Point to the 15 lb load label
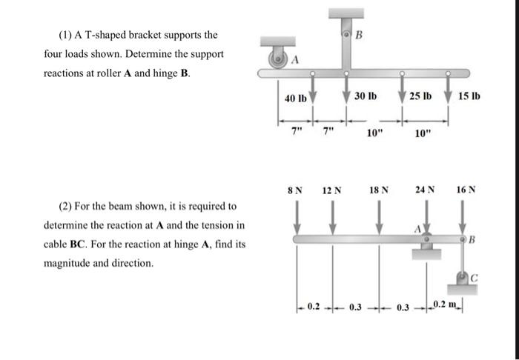[469, 98]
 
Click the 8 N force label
[295, 190]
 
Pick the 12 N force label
[332, 190]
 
